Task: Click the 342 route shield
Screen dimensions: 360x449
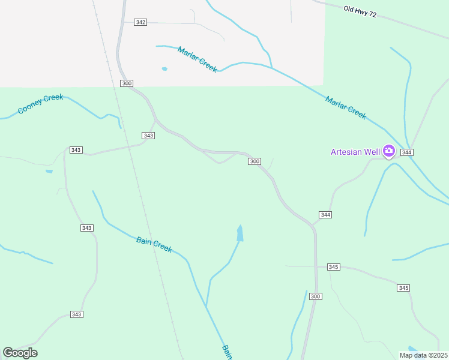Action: [x=140, y=22]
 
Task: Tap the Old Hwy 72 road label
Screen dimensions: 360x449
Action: [x=360, y=11]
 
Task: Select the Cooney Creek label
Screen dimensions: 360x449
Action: [x=40, y=104]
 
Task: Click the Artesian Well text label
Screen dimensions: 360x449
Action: [x=355, y=152]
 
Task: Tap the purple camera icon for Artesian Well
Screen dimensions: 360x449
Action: [x=388, y=151]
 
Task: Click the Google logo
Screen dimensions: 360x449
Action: [x=20, y=353]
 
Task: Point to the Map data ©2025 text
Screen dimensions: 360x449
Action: [x=424, y=355]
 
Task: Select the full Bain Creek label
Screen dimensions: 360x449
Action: [x=154, y=244]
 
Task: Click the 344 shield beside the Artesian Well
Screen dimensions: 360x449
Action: [x=407, y=152]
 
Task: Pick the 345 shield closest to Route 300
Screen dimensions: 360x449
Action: [x=334, y=266]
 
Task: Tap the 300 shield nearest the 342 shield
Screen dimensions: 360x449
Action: [x=126, y=83]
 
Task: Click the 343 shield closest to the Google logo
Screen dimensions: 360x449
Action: [x=76, y=314]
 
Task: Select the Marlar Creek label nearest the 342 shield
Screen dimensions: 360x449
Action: [x=197, y=59]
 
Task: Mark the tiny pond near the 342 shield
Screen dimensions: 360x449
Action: [x=164, y=69]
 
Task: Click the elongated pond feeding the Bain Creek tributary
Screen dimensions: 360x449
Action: [x=240, y=233]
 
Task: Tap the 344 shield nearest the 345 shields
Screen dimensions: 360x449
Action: [x=325, y=215]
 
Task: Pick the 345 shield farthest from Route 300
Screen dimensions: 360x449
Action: [x=403, y=288]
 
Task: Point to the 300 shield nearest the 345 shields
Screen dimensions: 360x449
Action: [x=316, y=296]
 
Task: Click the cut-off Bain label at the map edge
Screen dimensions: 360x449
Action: [x=226, y=352]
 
